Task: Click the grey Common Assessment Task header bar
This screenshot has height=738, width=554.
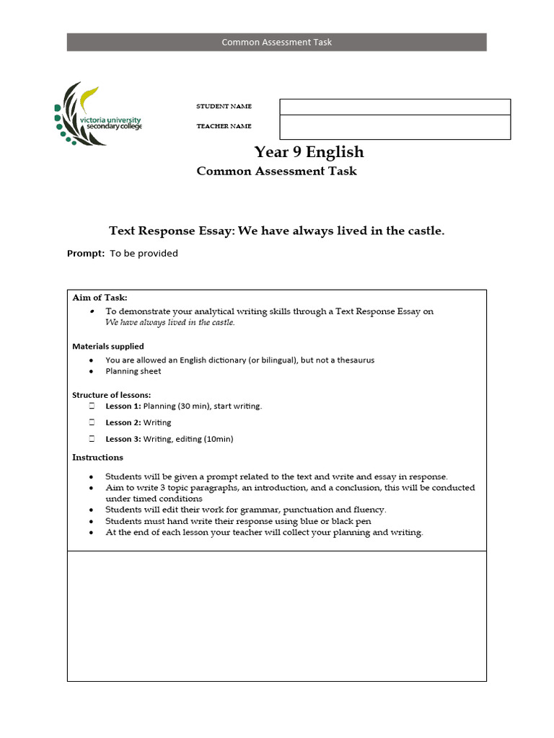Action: point(276,42)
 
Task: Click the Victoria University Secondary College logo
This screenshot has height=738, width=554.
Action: point(97,114)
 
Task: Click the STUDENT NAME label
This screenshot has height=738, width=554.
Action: point(224,107)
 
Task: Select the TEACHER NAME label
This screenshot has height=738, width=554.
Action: point(224,126)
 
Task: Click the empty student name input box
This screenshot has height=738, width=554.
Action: point(395,107)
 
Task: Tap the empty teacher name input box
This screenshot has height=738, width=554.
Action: point(395,128)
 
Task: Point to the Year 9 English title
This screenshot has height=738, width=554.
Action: point(309,152)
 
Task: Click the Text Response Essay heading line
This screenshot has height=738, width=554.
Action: point(276,231)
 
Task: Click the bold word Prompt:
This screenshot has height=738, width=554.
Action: point(86,254)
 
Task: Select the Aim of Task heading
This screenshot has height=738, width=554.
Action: point(100,298)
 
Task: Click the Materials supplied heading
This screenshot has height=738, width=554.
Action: point(107,347)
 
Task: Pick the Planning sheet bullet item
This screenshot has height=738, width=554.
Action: point(133,372)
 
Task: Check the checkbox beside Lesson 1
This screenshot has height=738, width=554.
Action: point(92,406)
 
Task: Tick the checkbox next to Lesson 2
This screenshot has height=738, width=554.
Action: point(92,422)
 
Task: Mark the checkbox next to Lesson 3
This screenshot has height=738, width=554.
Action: point(92,439)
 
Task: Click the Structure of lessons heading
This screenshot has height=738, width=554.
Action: point(111,395)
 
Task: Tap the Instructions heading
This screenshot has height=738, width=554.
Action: point(97,458)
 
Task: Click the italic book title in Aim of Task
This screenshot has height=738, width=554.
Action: point(170,323)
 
